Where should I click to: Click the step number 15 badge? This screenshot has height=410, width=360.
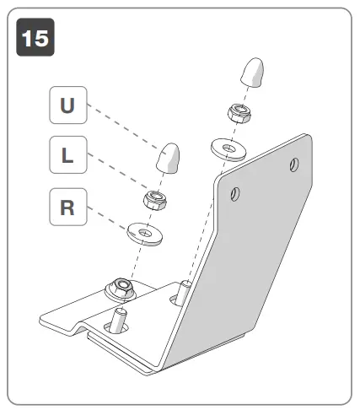click(x=35, y=39)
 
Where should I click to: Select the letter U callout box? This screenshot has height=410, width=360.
click(x=67, y=107)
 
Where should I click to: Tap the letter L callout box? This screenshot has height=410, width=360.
click(x=67, y=157)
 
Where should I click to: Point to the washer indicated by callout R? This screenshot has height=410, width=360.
click(x=143, y=229)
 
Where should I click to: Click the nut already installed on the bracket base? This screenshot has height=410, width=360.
click(x=121, y=289)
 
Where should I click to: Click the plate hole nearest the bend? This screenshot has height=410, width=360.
click(x=235, y=195)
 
